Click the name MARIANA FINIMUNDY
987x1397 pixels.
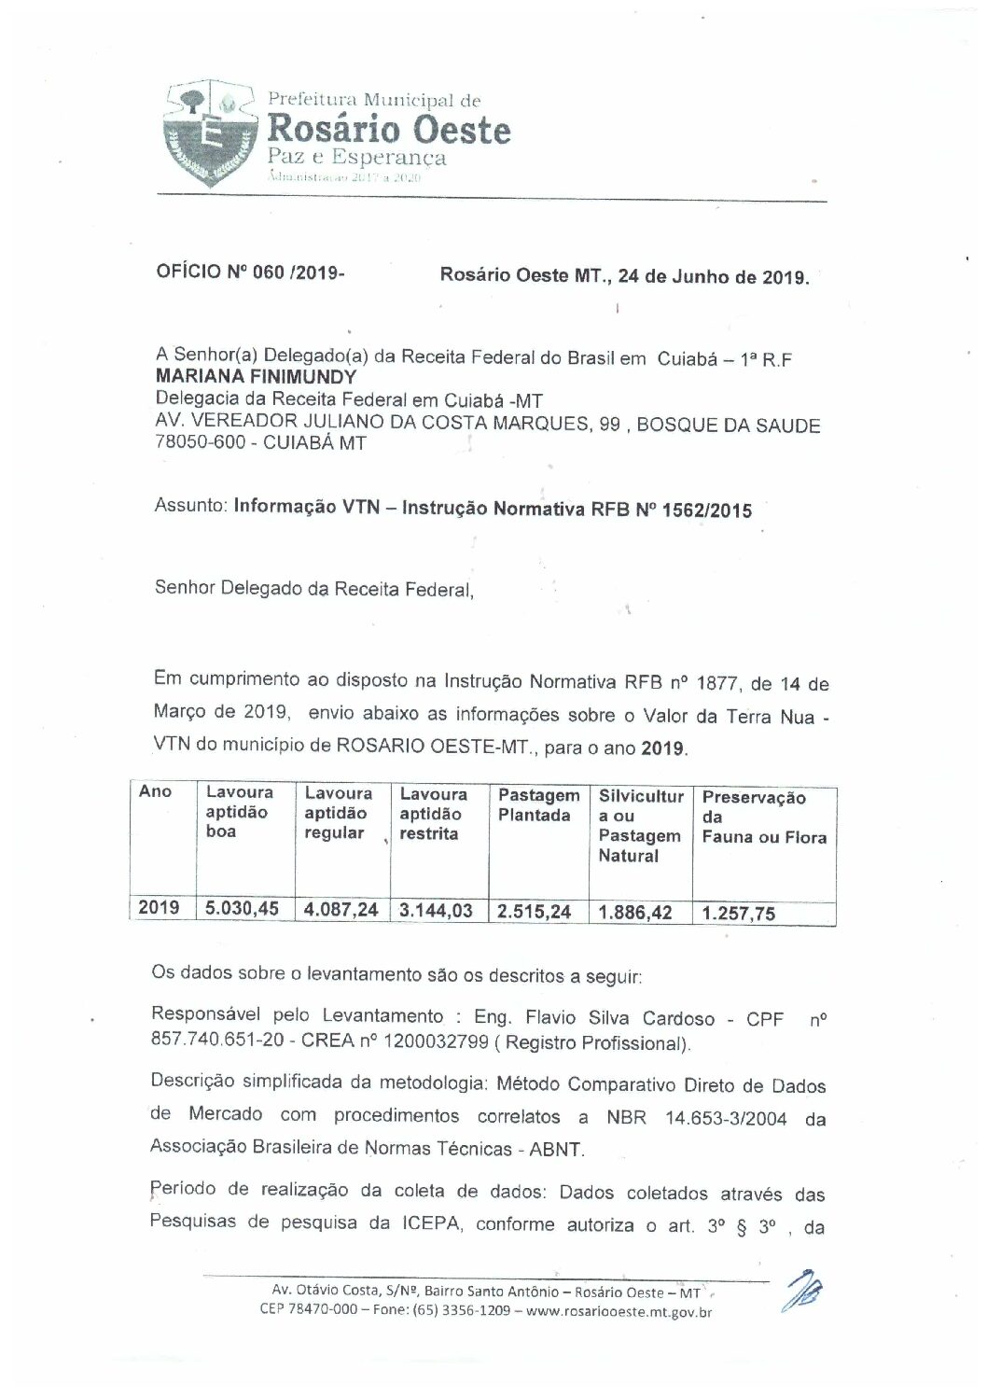click(256, 378)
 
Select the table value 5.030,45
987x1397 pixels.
click(242, 908)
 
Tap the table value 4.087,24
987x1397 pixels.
click(341, 909)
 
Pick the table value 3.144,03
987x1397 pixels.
click(436, 910)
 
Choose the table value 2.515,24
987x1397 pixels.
click(534, 912)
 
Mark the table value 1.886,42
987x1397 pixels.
click(635, 913)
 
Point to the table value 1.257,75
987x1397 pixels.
click(739, 914)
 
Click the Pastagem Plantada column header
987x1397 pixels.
click(538, 805)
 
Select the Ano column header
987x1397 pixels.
click(155, 792)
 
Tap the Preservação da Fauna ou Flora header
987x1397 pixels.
click(763, 817)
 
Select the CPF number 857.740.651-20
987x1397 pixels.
click(213, 1042)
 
